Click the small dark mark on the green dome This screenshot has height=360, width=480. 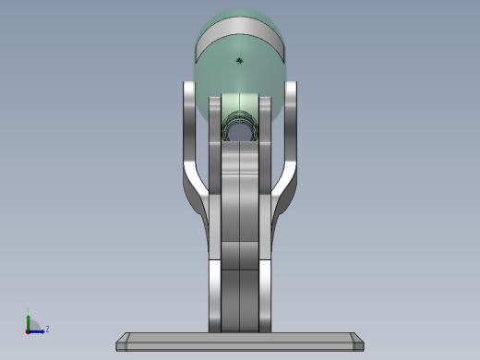coord(240,61)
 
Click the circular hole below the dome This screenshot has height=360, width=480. coord(240,132)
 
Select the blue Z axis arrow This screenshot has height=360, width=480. coord(38,330)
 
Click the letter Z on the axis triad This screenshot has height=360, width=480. coord(47,329)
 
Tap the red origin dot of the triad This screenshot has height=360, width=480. coord(29,330)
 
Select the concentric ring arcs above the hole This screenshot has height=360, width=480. coord(240,117)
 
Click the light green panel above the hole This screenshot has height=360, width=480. coord(240,102)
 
